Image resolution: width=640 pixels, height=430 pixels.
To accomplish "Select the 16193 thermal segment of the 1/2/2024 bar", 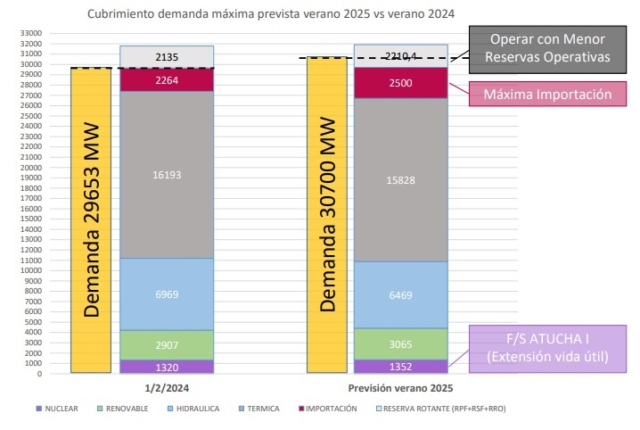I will click(167, 175).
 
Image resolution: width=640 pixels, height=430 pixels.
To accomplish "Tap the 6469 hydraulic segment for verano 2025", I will click(402, 294).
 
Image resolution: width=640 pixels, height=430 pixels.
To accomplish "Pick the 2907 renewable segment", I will click(167, 344).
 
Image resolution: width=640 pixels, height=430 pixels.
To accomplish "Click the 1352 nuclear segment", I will click(402, 366).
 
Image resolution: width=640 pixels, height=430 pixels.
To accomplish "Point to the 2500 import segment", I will click(402, 82).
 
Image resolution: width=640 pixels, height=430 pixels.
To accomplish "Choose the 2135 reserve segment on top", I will click(167, 57).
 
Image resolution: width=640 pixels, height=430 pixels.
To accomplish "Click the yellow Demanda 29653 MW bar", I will click(90, 219).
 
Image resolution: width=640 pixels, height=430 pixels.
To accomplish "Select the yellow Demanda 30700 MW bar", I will click(326, 214).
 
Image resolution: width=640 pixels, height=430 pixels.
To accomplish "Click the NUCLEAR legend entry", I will click(57, 409).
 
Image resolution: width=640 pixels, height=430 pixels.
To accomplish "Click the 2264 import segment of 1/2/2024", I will click(167, 79).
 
